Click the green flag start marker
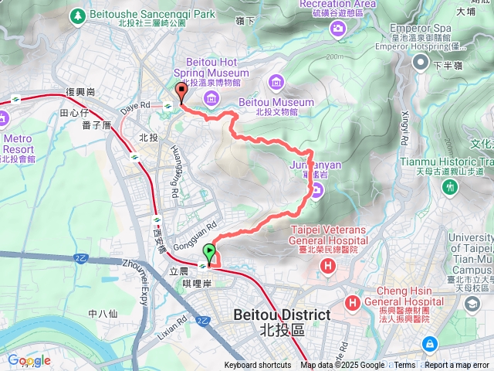(209, 252)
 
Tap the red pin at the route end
(181, 91)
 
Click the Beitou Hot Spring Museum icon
(212, 97)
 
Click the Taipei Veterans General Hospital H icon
(329, 266)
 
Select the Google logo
(29, 360)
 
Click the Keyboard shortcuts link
(258, 366)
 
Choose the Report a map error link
(458, 366)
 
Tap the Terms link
(404, 366)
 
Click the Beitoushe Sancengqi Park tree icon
(78, 15)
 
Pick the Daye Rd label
(134, 104)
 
